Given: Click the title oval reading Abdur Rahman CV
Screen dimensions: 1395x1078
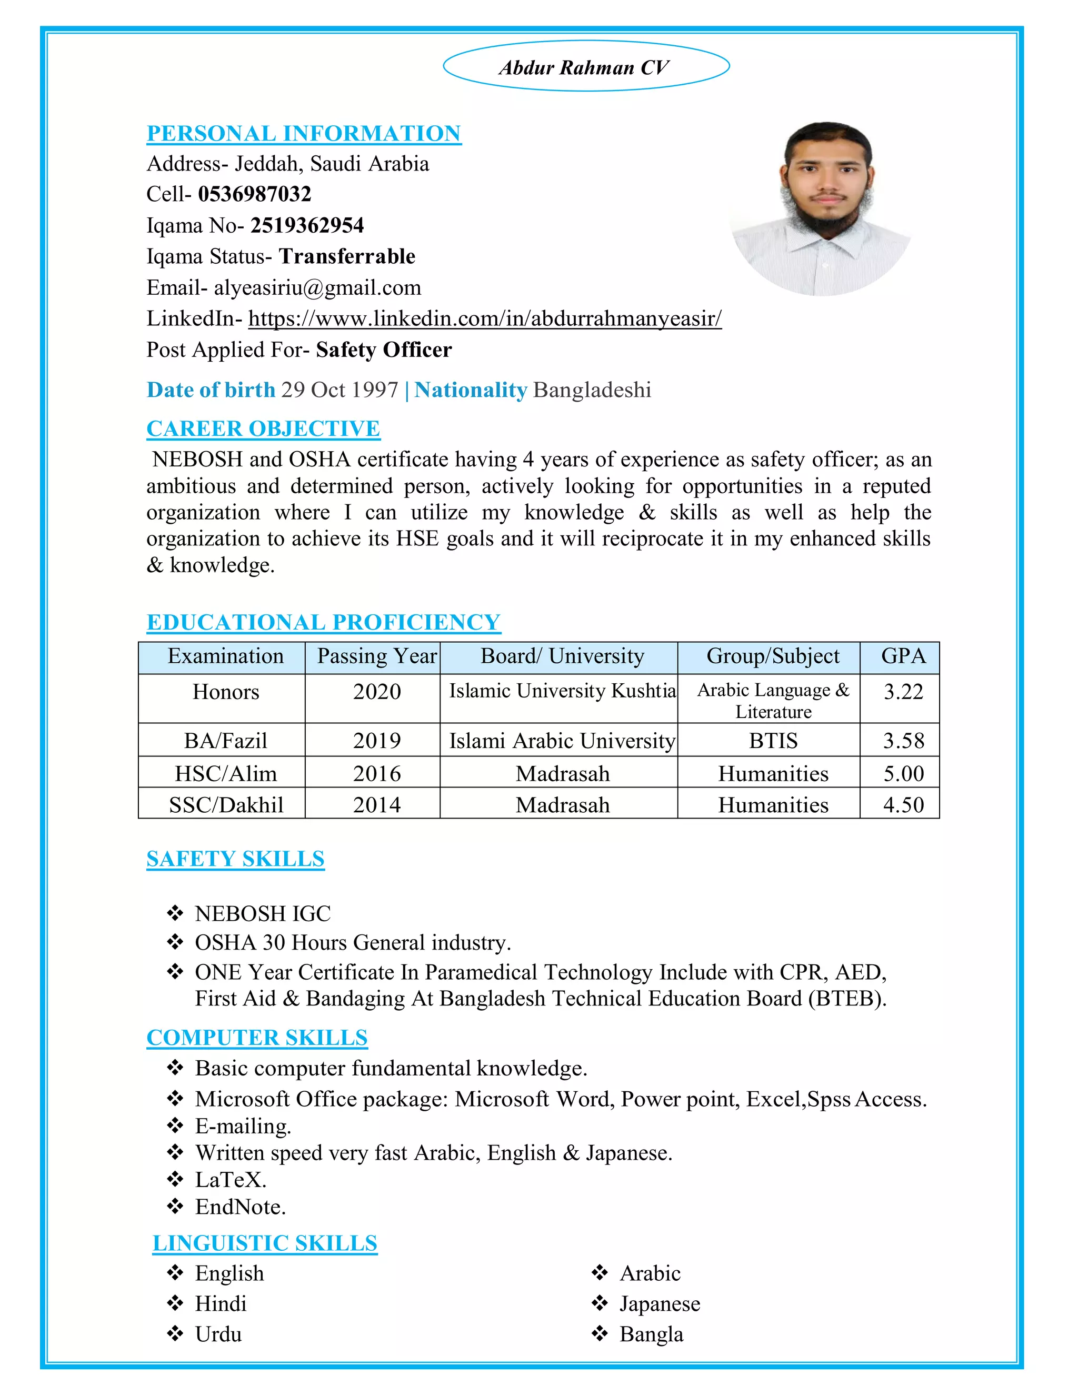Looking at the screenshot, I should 586,66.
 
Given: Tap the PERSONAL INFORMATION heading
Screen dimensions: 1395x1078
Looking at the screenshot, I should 304,134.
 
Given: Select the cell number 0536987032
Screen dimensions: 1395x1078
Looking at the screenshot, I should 254,194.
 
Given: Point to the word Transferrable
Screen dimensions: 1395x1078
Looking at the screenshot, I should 347,257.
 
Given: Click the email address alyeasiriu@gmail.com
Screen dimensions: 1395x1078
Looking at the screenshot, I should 317,288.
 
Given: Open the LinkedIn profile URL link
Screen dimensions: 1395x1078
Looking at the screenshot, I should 485,318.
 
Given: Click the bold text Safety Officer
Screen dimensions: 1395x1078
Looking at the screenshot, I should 384,350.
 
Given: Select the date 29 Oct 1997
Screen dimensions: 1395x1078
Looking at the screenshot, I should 340,390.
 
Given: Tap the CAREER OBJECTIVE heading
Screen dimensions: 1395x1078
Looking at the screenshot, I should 263,429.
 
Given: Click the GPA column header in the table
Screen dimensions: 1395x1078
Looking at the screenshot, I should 903,656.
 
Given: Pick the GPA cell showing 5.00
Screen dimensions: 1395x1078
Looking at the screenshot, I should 903,773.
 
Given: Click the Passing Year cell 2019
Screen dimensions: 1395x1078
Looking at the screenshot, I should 377,741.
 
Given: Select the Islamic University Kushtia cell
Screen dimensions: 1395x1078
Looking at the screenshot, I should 562,691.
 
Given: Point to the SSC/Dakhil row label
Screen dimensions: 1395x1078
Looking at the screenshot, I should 226,805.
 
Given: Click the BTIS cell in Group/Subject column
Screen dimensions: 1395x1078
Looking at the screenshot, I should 773,741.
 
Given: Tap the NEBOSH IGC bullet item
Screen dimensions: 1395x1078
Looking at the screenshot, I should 263,914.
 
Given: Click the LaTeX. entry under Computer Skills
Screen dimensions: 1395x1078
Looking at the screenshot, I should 231,1180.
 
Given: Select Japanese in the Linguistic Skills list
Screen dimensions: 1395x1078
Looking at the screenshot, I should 659,1303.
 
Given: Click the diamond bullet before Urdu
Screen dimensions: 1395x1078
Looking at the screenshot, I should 175,1334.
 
